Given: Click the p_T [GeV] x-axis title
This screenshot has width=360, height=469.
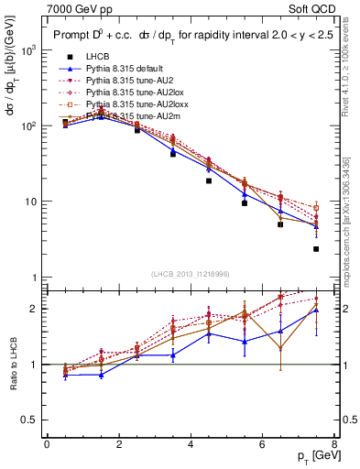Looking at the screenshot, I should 314,456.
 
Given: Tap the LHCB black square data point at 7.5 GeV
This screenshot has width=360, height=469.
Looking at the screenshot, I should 316,249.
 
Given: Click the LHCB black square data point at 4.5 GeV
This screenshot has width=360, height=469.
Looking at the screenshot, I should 209,180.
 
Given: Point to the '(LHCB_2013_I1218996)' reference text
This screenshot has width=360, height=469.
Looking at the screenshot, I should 190,274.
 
